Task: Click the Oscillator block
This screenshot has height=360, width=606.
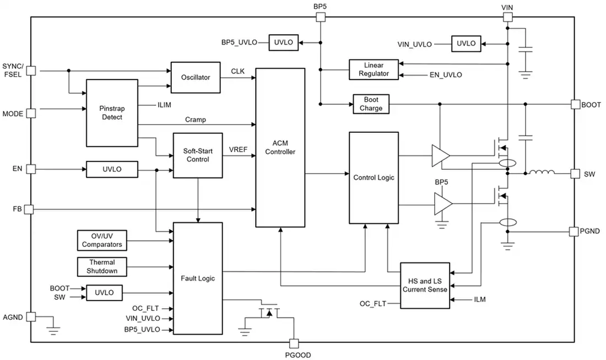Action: pyautogui.click(x=196, y=77)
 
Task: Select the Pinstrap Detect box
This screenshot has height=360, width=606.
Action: pyautogui.click(x=112, y=113)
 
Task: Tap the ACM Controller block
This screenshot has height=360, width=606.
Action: pyautogui.click(x=280, y=148)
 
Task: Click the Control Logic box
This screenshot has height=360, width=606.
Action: pyautogui.click(x=374, y=178)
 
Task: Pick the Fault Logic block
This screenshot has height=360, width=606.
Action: pyautogui.click(x=198, y=278)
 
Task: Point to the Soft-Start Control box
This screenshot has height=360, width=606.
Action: pyautogui.click(x=198, y=155)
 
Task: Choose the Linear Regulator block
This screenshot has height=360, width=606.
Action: pyautogui.click(x=374, y=69)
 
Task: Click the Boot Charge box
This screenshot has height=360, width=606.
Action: pyautogui.click(x=371, y=104)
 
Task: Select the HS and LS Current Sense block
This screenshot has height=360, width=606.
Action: pyautogui.click(x=425, y=286)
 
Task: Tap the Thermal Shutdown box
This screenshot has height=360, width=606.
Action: pyautogui.click(x=102, y=267)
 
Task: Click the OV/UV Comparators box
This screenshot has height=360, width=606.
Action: pyautogui.click(x=102, y=240)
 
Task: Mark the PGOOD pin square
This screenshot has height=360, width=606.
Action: pyautogui.click(x=294, y=343)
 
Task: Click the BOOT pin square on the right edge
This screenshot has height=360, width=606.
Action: pyautogui.click(x=576, y=104)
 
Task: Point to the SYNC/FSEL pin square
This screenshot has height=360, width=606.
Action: pyautogui.click(x=31, y=71)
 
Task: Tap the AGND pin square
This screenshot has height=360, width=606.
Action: pyautogui.click(x=31, y=317)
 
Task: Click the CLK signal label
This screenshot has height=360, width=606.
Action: pyautogui.click(x=237, y=71)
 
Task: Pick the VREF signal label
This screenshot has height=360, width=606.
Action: pyautogui.click(x=238, y=149)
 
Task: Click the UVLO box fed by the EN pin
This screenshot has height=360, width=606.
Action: pyautogui.click(x=112, y=169)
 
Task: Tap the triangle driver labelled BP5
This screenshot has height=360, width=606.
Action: pyautogui.click(x=443, y=204)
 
